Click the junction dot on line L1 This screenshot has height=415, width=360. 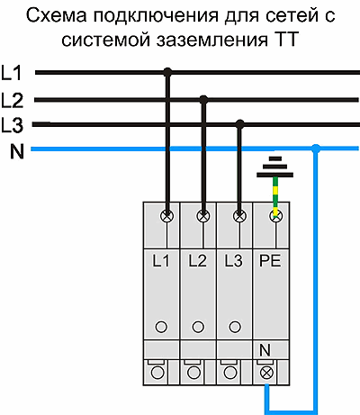tap(167, 72)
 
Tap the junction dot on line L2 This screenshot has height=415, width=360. tap(203, 100)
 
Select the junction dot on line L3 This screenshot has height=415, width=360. tap(239, 124)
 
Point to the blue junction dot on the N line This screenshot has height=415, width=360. tap(315, 149)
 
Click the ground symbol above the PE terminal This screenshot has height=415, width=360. tap(275, 167)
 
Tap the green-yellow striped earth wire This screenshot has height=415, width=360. tap(275, 195)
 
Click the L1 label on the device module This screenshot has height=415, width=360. tap(161, 260)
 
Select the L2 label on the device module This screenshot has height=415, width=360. tap(198, 260)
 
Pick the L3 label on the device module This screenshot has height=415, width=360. tap(234, 260)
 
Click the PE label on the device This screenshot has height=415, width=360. tap(270, 260)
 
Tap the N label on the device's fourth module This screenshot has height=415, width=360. tap(265, 350)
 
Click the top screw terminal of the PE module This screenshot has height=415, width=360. tap(276, 216)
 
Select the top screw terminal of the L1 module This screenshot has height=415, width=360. tap(167, 216)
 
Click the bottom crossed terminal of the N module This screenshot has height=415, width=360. tap(266, 373)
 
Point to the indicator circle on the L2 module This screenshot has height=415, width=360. tap(198, 327)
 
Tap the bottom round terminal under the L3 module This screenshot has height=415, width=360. tap(230, 373)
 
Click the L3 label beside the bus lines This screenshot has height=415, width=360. tap(12, 125)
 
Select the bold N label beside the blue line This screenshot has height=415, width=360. tap(17, 151)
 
